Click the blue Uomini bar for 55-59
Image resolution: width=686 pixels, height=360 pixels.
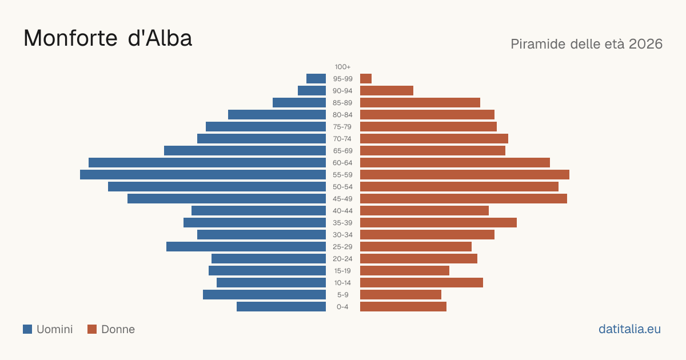203,174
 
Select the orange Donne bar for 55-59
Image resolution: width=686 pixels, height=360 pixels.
465,174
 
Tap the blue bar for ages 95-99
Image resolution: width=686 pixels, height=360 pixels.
316,79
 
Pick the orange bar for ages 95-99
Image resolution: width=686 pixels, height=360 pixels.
366,79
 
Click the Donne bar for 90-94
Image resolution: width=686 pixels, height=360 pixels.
386,91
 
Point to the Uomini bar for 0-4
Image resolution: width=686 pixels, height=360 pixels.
281,306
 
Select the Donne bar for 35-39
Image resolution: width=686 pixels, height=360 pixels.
438,222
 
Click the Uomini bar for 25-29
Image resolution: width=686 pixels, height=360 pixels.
246,246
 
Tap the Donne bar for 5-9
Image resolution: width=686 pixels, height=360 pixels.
401,294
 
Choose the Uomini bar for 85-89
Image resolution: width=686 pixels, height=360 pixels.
299,102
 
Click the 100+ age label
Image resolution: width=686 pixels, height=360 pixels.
342,67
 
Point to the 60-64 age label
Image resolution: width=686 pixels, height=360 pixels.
342,162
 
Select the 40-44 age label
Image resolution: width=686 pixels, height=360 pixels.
342,211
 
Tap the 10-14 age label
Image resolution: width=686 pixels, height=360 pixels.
342,282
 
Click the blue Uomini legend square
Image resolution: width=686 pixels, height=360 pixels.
27,329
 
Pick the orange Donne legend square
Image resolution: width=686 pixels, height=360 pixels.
92,329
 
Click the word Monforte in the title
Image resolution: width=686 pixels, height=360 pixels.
70,38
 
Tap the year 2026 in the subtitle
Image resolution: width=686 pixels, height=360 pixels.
645,44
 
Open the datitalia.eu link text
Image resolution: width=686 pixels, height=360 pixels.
629,329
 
